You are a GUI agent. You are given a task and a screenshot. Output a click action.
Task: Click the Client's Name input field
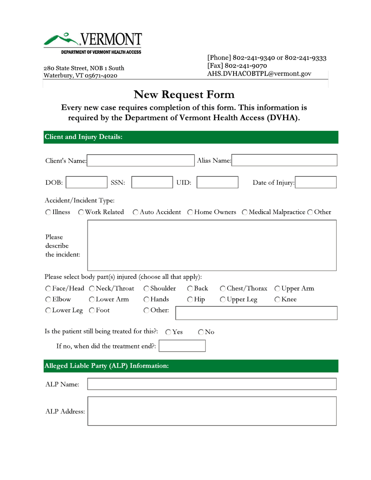pos(139,160)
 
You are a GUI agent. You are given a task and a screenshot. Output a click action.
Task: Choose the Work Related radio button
pos(81,212)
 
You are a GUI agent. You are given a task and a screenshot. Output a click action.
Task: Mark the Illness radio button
pos(47,212)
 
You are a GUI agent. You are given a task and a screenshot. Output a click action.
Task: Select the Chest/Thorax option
pos(223,289)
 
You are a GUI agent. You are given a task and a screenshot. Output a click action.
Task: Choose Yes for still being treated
pos(168,333)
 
